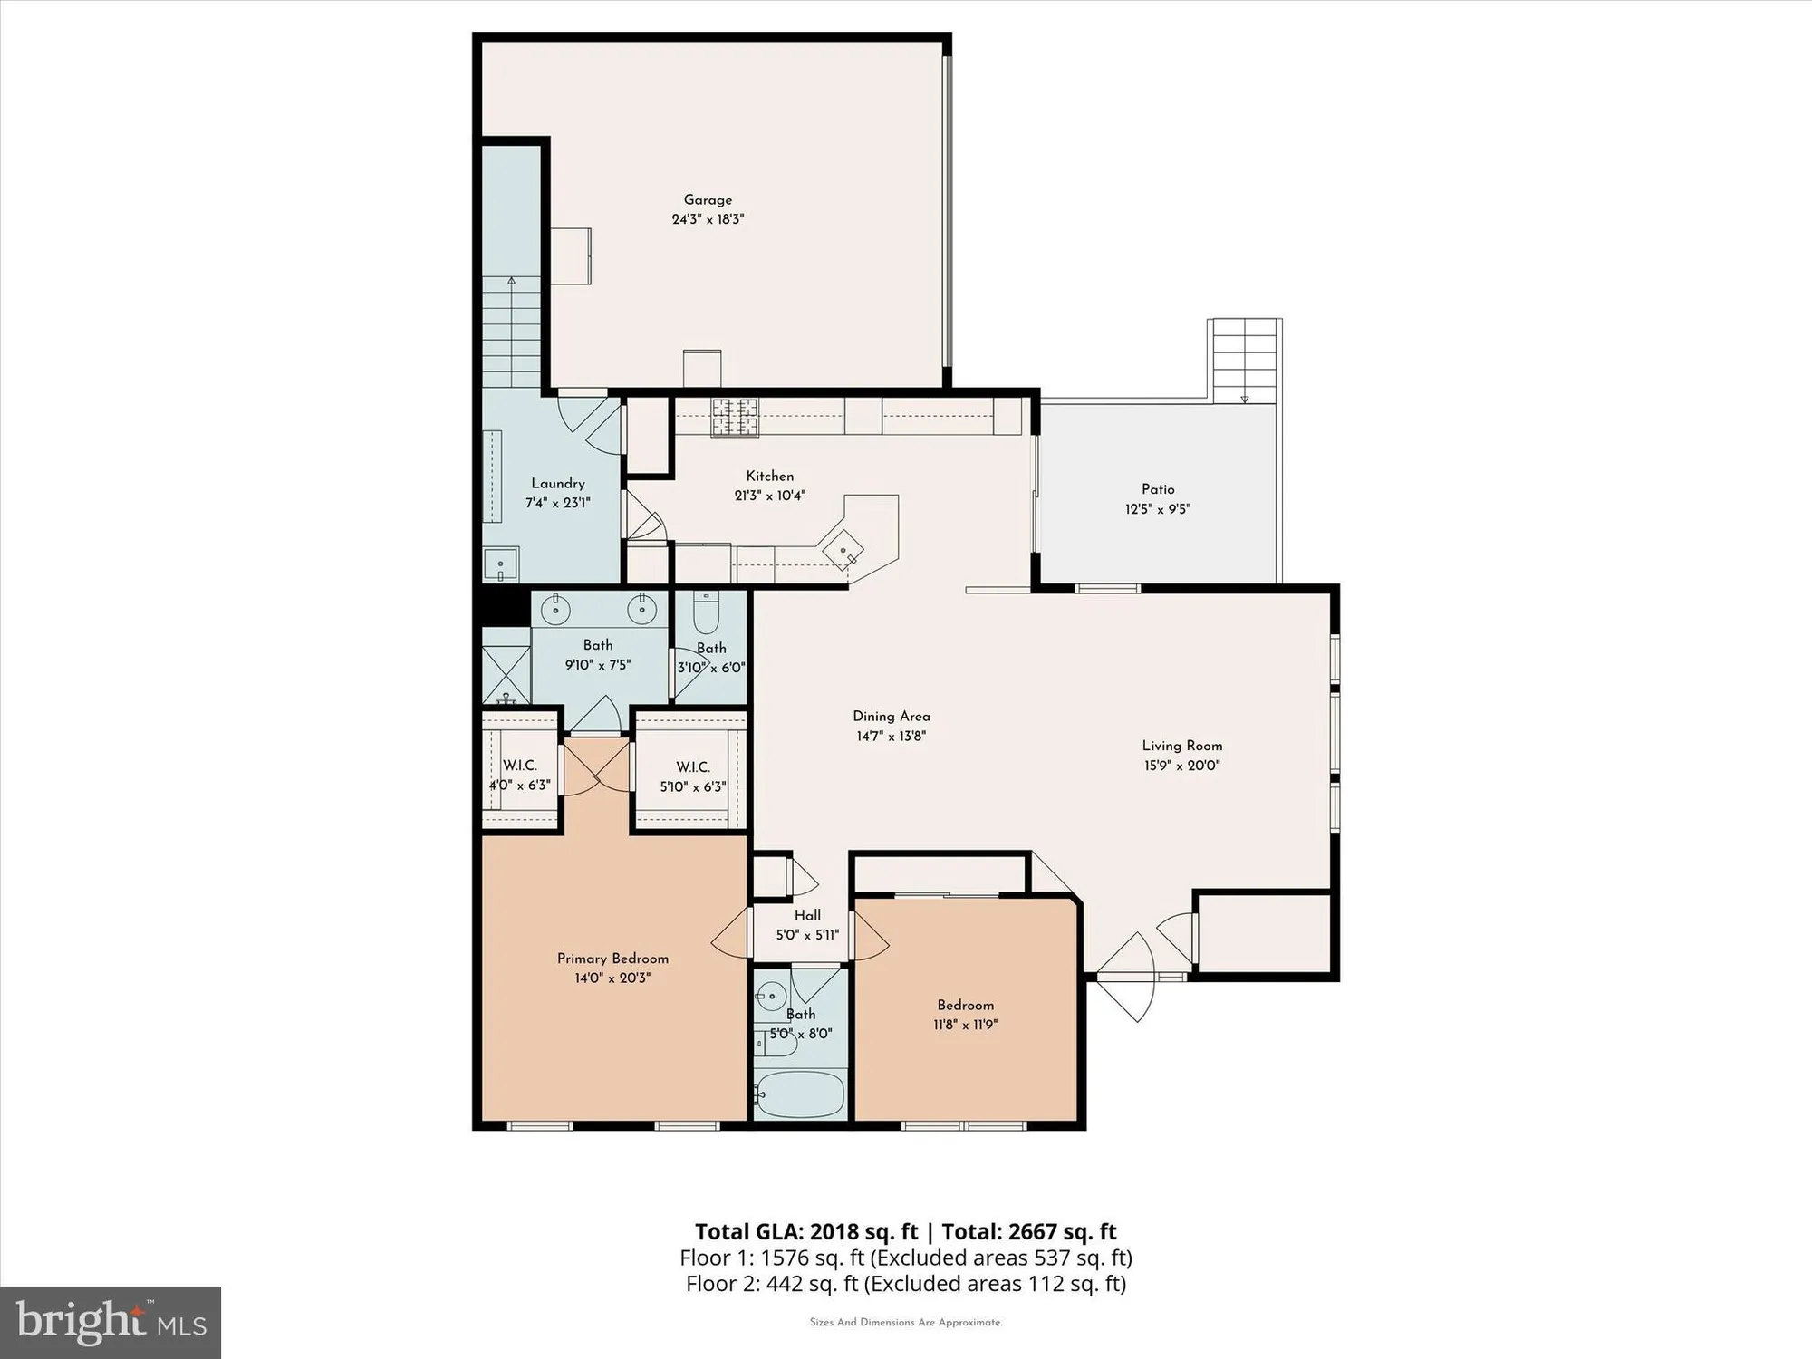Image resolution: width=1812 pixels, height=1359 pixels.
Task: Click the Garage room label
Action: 708,200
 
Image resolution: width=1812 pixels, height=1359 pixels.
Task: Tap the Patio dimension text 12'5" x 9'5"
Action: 1158,509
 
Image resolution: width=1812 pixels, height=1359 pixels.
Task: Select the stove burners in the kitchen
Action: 734,418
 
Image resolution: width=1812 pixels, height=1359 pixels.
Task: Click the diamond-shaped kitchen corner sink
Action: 843,550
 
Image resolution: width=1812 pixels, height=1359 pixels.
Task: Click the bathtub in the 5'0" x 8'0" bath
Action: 800,1096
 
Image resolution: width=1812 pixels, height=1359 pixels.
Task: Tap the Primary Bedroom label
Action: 612,959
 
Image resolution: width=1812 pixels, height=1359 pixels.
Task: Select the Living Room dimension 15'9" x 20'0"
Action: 1181,766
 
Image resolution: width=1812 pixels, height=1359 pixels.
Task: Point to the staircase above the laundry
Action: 511,331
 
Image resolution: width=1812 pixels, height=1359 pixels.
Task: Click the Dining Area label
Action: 892,717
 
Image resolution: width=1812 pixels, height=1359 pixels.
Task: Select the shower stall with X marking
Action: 506,675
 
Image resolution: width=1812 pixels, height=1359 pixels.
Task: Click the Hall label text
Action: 807,915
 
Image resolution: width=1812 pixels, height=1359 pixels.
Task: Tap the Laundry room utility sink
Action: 500,564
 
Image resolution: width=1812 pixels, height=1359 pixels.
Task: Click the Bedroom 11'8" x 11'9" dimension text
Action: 966,1025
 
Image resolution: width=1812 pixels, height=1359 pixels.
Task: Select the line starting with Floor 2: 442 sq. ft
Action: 905,1284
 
